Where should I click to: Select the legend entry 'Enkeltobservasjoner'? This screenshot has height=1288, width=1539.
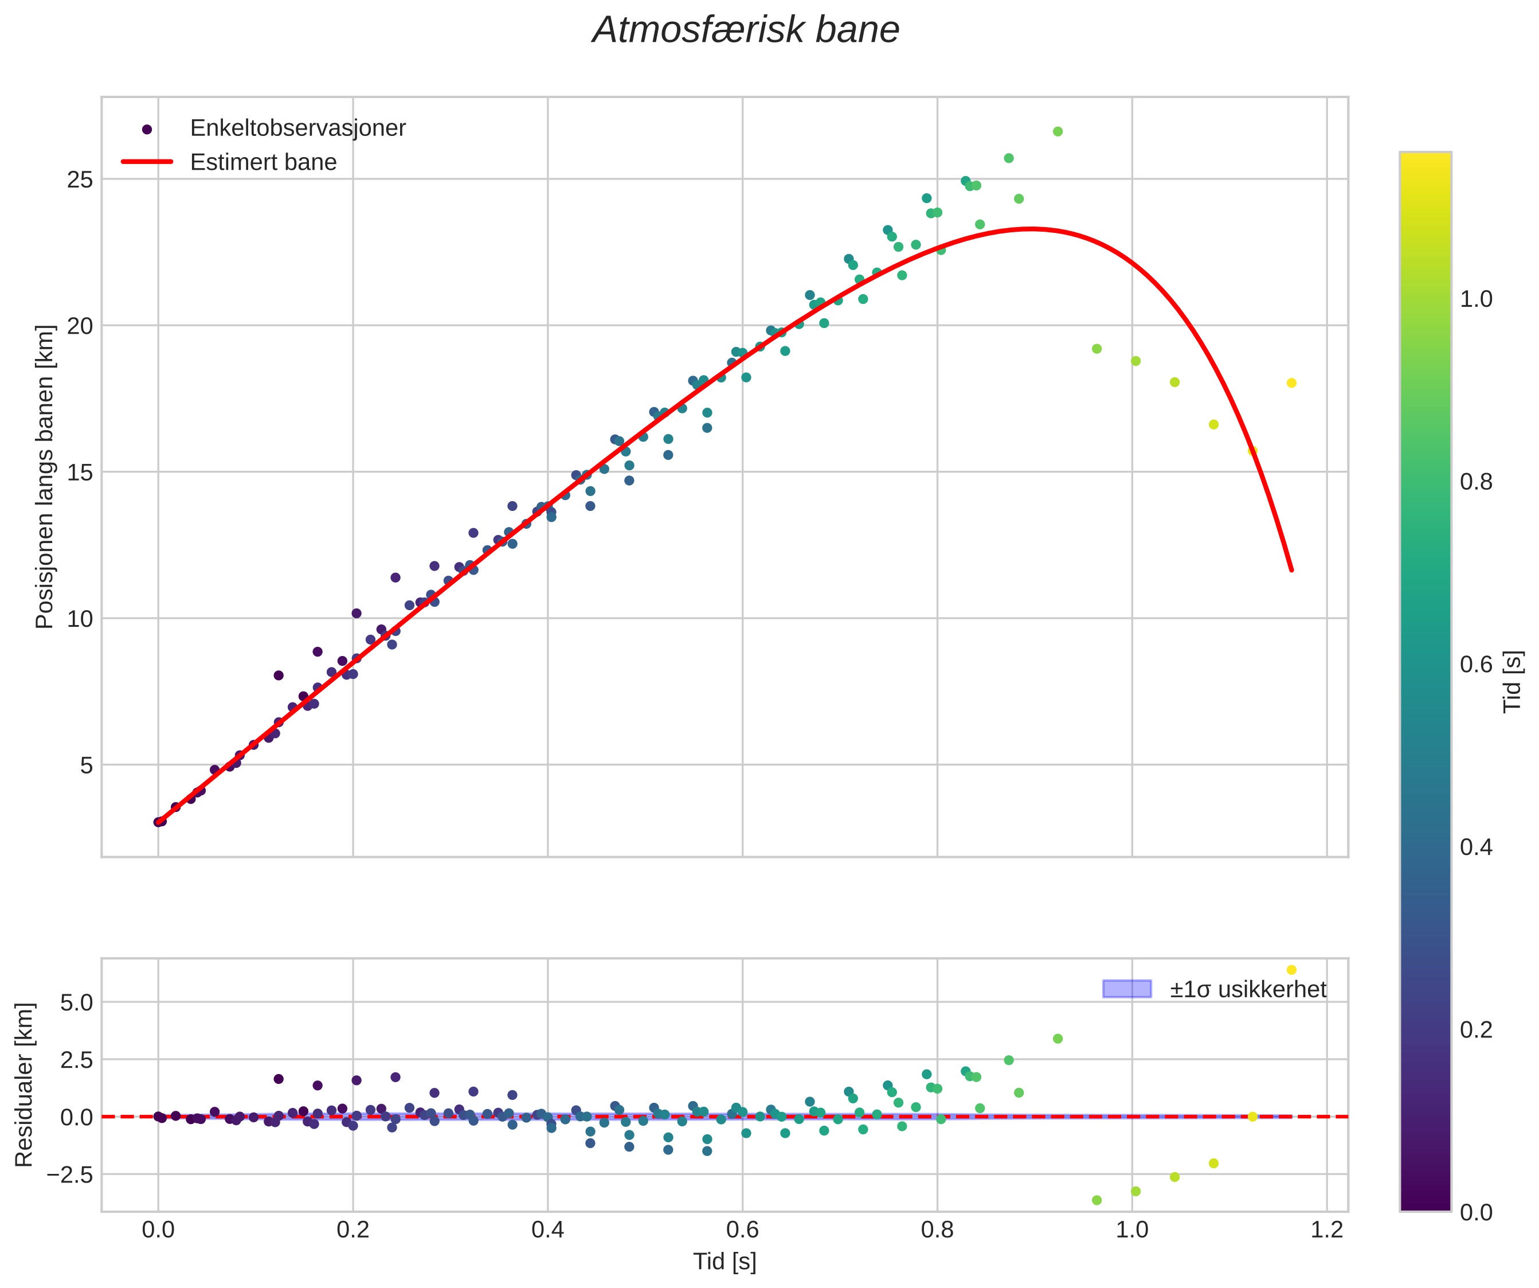297,128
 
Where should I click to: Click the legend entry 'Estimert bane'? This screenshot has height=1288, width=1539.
263,162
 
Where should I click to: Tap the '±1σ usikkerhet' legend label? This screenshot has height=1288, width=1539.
1247,990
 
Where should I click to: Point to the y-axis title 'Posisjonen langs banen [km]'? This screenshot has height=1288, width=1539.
45,477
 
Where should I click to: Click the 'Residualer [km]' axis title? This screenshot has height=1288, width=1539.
24,1085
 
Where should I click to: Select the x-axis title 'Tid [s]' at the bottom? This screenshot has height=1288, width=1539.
724,1262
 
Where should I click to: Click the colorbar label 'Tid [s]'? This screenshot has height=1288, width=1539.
1512,682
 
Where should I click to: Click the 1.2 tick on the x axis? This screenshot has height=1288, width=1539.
1326,1230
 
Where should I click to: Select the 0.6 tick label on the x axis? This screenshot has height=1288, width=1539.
742,1230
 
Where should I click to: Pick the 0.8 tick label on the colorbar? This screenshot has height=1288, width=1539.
1476,482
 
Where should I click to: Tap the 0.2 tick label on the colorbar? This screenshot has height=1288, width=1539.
1476,1030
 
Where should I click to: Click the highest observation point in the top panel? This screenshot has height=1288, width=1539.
1058,132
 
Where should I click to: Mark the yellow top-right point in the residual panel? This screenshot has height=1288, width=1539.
1291,970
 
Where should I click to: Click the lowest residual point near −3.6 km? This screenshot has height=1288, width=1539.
1097,1200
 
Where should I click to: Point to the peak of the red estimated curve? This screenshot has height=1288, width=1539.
1031,229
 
